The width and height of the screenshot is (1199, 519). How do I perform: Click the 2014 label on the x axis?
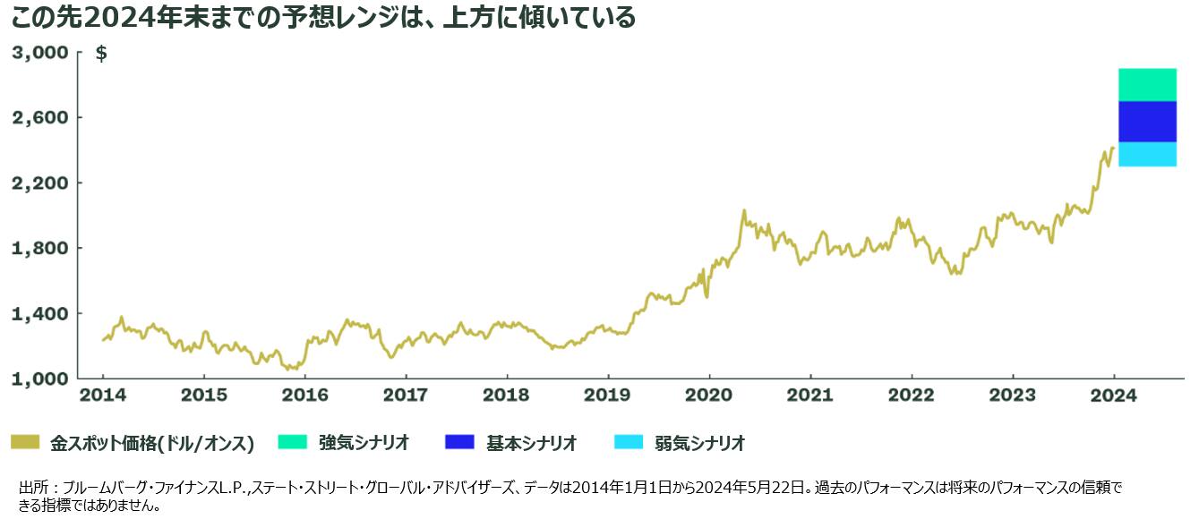(x=102, y=395)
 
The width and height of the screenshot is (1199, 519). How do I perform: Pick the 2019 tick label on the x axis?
(x=608, y=395)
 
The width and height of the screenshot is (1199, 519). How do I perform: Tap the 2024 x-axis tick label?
(x=1114, y=395)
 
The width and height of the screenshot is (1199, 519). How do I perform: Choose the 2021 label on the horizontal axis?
(x=810, y=395)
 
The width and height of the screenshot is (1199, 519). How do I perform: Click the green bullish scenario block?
(x=1147, y=85)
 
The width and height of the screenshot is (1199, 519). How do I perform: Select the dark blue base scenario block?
(x=1147, y=122)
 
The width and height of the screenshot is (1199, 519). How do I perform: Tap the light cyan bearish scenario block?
(x=1147, y=154)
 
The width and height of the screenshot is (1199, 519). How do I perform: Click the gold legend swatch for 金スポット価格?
(x=25, y=442)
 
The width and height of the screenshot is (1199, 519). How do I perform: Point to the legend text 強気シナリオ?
(x=364, y=442)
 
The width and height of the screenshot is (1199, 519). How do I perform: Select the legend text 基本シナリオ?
(x=531, y=442)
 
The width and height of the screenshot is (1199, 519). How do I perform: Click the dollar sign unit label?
(x=101, y=54)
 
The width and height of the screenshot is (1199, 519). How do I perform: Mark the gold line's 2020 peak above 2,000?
(x=743, y=211)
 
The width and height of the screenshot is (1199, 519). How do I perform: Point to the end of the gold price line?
(x=1113, y=148)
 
